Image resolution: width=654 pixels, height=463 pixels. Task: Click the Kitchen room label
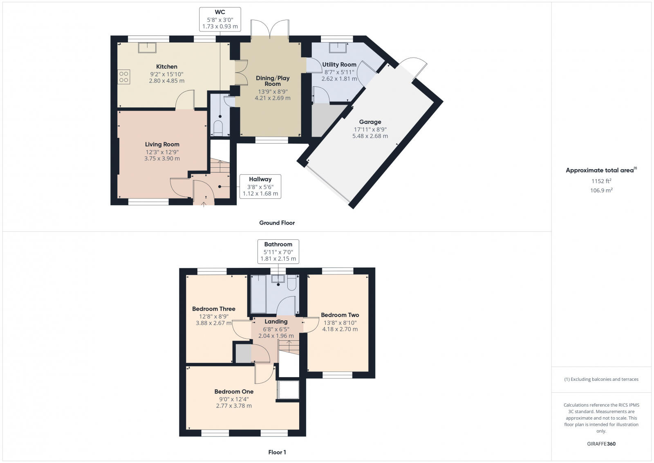(167, 67)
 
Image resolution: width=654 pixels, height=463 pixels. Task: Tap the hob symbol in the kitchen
(124, 77)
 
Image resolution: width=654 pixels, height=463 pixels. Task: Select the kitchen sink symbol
(148, 47)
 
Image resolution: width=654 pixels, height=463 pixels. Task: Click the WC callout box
(220, 19)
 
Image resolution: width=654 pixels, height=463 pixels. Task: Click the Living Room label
(162, 144)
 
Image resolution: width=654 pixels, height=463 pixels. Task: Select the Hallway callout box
(260, 187)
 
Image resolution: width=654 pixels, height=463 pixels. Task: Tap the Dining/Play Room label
(273, 81)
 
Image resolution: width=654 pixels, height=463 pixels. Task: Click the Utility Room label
(339, 65)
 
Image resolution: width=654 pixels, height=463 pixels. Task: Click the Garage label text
(370, 122)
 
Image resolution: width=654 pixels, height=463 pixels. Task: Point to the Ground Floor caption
(277, 223)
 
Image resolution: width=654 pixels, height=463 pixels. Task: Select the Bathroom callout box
(278, 251)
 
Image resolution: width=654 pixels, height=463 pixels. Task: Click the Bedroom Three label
(214, 309)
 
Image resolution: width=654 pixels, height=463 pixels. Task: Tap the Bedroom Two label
(340, 315)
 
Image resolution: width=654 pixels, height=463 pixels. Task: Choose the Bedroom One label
(234, 391)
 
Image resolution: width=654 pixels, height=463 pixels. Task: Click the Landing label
(276, 321)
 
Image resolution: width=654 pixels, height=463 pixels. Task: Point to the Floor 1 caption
(277, 452)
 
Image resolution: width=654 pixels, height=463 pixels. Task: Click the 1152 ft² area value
(601, 181)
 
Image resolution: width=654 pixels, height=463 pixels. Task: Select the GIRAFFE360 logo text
(601, 444)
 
